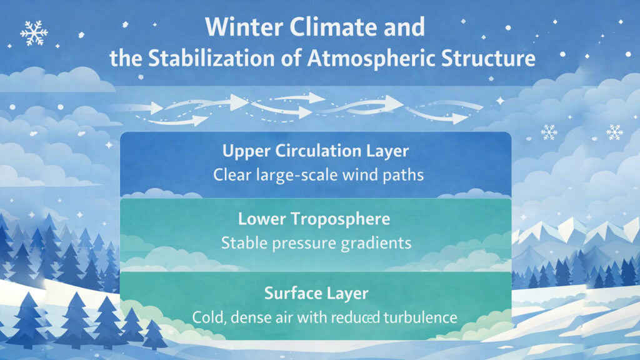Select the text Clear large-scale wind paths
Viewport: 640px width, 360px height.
(x=319, y=175)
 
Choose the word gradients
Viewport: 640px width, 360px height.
(x=375, y=242)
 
